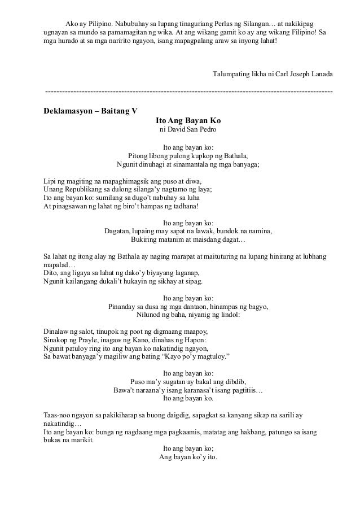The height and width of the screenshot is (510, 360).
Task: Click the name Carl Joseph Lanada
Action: tap(302, 75)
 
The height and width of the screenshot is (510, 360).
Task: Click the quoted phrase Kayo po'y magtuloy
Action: tap(194, 357)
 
